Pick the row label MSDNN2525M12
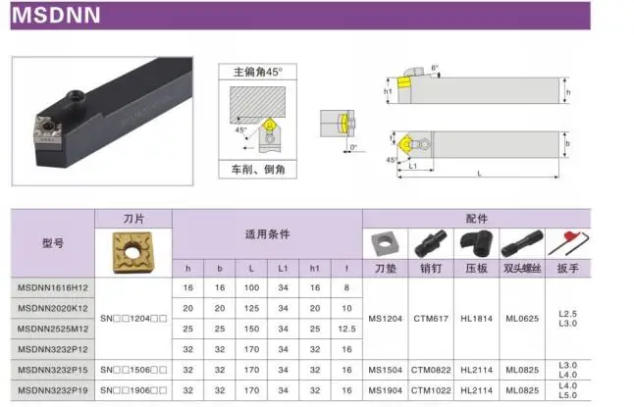coord(53,328)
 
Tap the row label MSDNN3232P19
coord(53,390)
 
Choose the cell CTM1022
coord(431,390)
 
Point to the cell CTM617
coord(431,318)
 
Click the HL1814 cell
coord(477,318)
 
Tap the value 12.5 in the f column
coord(344,328)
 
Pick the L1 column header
coord(283,266)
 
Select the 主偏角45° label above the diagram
coord(257,72)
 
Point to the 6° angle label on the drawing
coord(435,67)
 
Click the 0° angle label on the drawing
coord(353,147)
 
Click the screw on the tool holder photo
coord(75,97)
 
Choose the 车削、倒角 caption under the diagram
coord(256,169)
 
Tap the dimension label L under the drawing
coord(478,174)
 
